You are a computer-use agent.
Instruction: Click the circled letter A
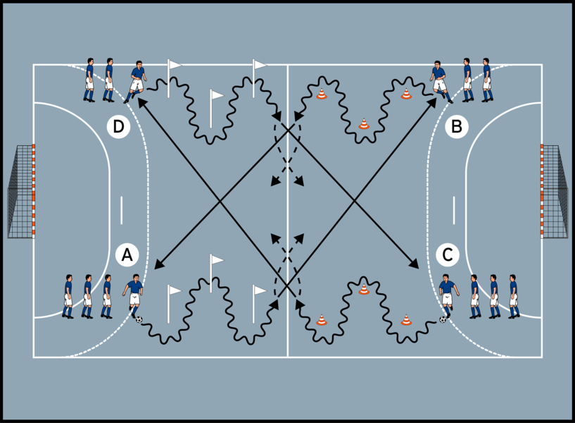click(x=127, y=255)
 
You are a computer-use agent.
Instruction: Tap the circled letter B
click(x=457, y=127)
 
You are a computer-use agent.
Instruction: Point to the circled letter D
click(x=119, y=127)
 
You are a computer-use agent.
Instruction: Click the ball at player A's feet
click(x=139, y=320)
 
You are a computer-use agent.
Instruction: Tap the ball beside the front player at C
click(x=443, y=319)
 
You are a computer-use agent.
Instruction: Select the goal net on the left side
click(x=20, y=191)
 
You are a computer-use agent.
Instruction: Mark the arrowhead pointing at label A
click(x=157, y=266)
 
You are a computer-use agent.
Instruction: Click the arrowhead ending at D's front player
click(x=141, y=102)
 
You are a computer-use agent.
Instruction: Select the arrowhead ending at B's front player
click(x=431, y=102)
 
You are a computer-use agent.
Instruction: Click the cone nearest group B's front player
click(x=406, y=94)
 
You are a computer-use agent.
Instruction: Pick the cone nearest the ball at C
click(x=406, y=319)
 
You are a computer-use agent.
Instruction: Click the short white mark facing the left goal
click(x=121, y=209)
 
